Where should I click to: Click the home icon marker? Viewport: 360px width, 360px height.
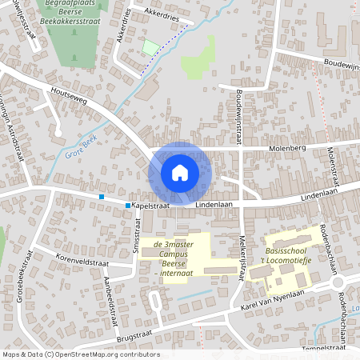tap(180, 172)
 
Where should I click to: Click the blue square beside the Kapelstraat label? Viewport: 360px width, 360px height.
tap(128, 206)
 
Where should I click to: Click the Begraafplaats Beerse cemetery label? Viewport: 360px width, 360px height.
tap(71, 10)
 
